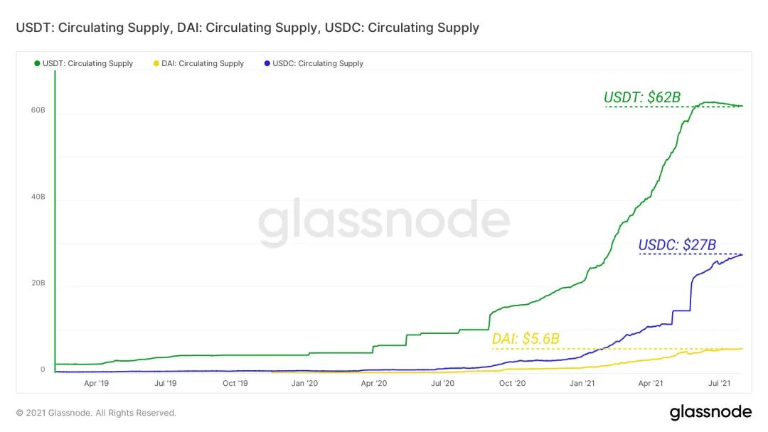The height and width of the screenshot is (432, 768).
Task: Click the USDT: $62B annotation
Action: [x=642, y=97]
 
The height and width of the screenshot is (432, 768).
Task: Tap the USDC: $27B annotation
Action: [x=676, y=245]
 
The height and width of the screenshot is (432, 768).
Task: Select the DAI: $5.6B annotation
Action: [x=526, y=339]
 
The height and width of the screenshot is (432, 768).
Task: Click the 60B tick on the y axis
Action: [x=38, y=111]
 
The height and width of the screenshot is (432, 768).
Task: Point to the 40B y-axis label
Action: [x=38, y=197]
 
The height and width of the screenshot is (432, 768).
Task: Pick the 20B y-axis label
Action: [x=38, y=283]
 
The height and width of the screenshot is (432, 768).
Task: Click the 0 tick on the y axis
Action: [x=43, y=369]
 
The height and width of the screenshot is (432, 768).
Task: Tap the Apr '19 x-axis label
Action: [x=96, y=383]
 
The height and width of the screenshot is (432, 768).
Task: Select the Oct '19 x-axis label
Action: [x=235, y=383]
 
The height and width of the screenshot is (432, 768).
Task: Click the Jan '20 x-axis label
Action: [x=304, y=383]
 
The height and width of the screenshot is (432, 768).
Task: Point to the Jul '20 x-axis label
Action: [x=443, y=383]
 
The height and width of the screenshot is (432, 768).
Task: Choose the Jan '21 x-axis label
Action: [x=582, y=383]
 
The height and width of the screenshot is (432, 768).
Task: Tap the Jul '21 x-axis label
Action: [x=721, y=383]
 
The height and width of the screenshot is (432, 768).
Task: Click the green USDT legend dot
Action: [x=37, y=63]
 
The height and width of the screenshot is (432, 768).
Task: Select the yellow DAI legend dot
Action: [x=156, y=63]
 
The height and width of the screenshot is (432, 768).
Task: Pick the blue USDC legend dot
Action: [x=267, y=63]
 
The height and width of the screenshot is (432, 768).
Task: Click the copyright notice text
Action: [x=96, y=413]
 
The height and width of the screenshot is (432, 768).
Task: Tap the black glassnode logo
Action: [x=710, y=412]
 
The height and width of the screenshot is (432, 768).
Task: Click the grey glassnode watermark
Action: [x=384, y=222]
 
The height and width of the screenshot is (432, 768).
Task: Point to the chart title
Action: [x=247, y=28]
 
